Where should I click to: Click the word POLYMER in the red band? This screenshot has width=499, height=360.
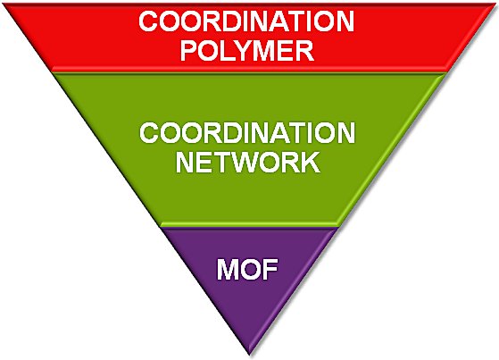point(247,50)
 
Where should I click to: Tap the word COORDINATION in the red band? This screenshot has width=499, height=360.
point(246,21)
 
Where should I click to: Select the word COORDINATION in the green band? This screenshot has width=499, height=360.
point(247,132)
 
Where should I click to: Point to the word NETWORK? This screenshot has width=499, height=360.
point(247,163)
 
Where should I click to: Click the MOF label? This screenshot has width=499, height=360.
point(247,269)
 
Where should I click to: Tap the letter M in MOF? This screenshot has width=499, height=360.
point(228,269)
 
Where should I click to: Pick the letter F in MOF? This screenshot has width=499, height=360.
point(270,269)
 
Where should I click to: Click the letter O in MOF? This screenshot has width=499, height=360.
point(250,269)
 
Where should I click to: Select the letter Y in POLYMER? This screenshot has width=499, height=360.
point(244,51)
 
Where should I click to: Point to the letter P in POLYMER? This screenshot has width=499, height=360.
point(189,51)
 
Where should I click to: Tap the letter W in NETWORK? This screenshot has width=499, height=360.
point(251,163)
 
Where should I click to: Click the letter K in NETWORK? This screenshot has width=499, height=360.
point(311,163)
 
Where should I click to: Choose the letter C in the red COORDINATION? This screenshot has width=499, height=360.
point(149,21)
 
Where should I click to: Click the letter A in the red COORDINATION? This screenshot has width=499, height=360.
point(279,21)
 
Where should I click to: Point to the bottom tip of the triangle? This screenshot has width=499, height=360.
point(250,355)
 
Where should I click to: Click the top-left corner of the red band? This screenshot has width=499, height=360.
point(4,4)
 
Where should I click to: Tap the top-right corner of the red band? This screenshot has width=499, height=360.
point(495,4)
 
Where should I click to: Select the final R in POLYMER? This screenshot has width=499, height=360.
point(305,51)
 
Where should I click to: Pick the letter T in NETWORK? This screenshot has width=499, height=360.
point(225,163)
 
